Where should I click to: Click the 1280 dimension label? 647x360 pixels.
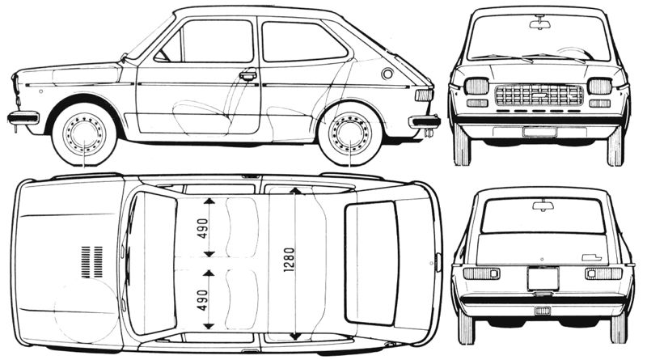(x=290, y=259)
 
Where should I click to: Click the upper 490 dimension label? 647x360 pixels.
(x=203, y=228)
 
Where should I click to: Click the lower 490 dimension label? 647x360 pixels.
(x=203, y=300)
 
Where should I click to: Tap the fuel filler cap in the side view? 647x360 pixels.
(x=387, y=74)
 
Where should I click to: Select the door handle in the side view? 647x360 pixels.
(x=248, y=75)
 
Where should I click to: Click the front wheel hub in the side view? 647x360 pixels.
(x=85, y=133)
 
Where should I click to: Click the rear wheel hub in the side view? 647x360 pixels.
(x=350, y=133)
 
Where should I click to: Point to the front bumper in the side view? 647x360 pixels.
(x=23, y=118)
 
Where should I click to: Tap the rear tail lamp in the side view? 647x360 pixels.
(x=424, y=95)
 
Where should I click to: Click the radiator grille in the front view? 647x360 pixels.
(x=539, y=95)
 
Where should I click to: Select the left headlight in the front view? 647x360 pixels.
(x=476, y=87)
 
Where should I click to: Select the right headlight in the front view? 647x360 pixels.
(x=600, y=87)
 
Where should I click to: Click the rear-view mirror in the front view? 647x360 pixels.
(x=539, y=24)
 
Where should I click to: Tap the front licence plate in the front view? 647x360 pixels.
(x=539, y=132)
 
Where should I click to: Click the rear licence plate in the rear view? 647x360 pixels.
(x=543, y=278)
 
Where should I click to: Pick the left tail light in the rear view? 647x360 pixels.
(x=481, y=273)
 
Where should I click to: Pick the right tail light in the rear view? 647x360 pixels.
(x=603, y=273)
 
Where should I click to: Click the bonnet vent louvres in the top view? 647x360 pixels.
(x=91, y=262)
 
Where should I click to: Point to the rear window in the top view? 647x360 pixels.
(x=370, y=263)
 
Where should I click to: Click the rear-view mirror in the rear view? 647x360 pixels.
(x=543, y=205)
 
